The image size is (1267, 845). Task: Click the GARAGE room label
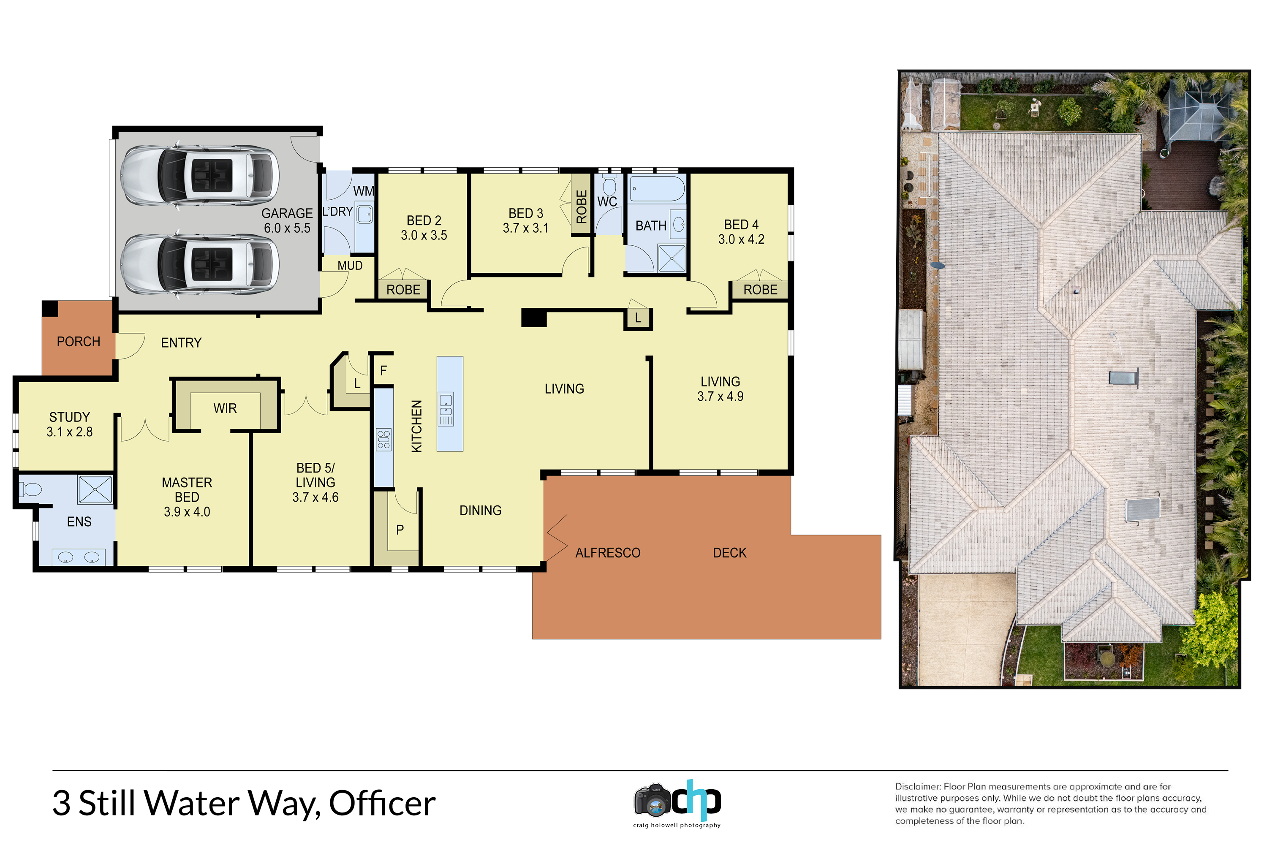pos(287,213)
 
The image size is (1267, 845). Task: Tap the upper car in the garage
pos(199,175)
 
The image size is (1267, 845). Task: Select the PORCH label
pos(79,342)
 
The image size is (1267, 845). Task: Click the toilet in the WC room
pos(609,185)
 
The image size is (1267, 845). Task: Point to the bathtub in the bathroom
pos(657,189)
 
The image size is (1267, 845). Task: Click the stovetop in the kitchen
pos(384,439)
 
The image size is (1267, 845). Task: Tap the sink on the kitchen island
pos(446,410)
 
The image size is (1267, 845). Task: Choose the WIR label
pos(225,408)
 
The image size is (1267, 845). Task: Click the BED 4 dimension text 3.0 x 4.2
pos(741,239)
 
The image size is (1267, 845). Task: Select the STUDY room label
pos(70,417)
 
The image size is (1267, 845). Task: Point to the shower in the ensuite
pos(95,489)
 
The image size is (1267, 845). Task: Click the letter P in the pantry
pos(400,530)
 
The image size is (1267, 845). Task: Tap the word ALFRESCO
pos(608,553)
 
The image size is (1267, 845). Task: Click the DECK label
pos(730,553)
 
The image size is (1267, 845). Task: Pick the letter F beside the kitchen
pos(384,370)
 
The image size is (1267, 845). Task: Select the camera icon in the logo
pos(653,800)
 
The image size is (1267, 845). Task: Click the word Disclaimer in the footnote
pos(918,786)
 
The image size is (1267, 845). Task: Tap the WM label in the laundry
pos(364,191)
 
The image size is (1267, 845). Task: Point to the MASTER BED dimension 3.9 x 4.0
pos(187,511)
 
